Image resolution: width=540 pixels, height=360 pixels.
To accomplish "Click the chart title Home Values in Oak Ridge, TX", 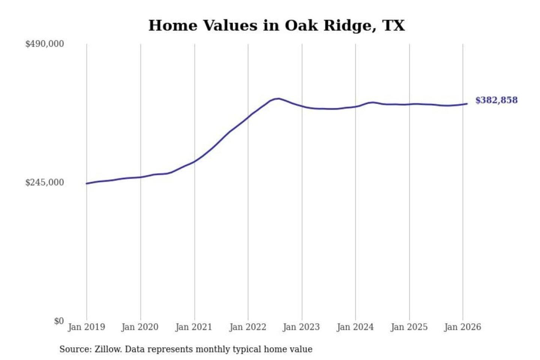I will pos(277,25).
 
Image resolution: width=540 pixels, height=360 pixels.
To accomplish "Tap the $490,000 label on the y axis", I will pos(45,44).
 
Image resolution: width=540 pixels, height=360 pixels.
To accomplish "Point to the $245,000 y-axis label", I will pos(45,182).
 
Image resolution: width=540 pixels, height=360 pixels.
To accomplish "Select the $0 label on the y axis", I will pos(59,321).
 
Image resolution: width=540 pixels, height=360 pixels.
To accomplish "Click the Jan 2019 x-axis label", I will pos(87,327).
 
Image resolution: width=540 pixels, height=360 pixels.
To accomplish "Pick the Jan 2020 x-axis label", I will pos(140,327).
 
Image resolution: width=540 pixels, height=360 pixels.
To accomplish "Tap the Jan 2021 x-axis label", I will pos(194,327).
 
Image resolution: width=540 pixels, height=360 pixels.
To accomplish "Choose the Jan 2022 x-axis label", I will pos(247,327).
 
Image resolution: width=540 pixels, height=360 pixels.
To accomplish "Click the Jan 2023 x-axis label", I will pos(301,327).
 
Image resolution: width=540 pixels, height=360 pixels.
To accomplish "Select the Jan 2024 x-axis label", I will pos(355,327).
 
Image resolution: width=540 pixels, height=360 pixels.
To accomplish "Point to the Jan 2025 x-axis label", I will pos(409,327).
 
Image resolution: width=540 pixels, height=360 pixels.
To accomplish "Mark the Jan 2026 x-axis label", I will pos(463,327).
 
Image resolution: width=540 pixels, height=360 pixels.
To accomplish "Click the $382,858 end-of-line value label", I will pos(496,100).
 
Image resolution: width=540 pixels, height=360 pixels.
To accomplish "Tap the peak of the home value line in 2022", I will pos(277,99).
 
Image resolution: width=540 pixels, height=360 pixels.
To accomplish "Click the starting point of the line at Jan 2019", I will pos(87,183).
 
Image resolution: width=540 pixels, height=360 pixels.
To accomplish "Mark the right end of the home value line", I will pos(467,103).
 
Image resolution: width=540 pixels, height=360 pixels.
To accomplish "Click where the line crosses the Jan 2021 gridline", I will pos(195,162).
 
